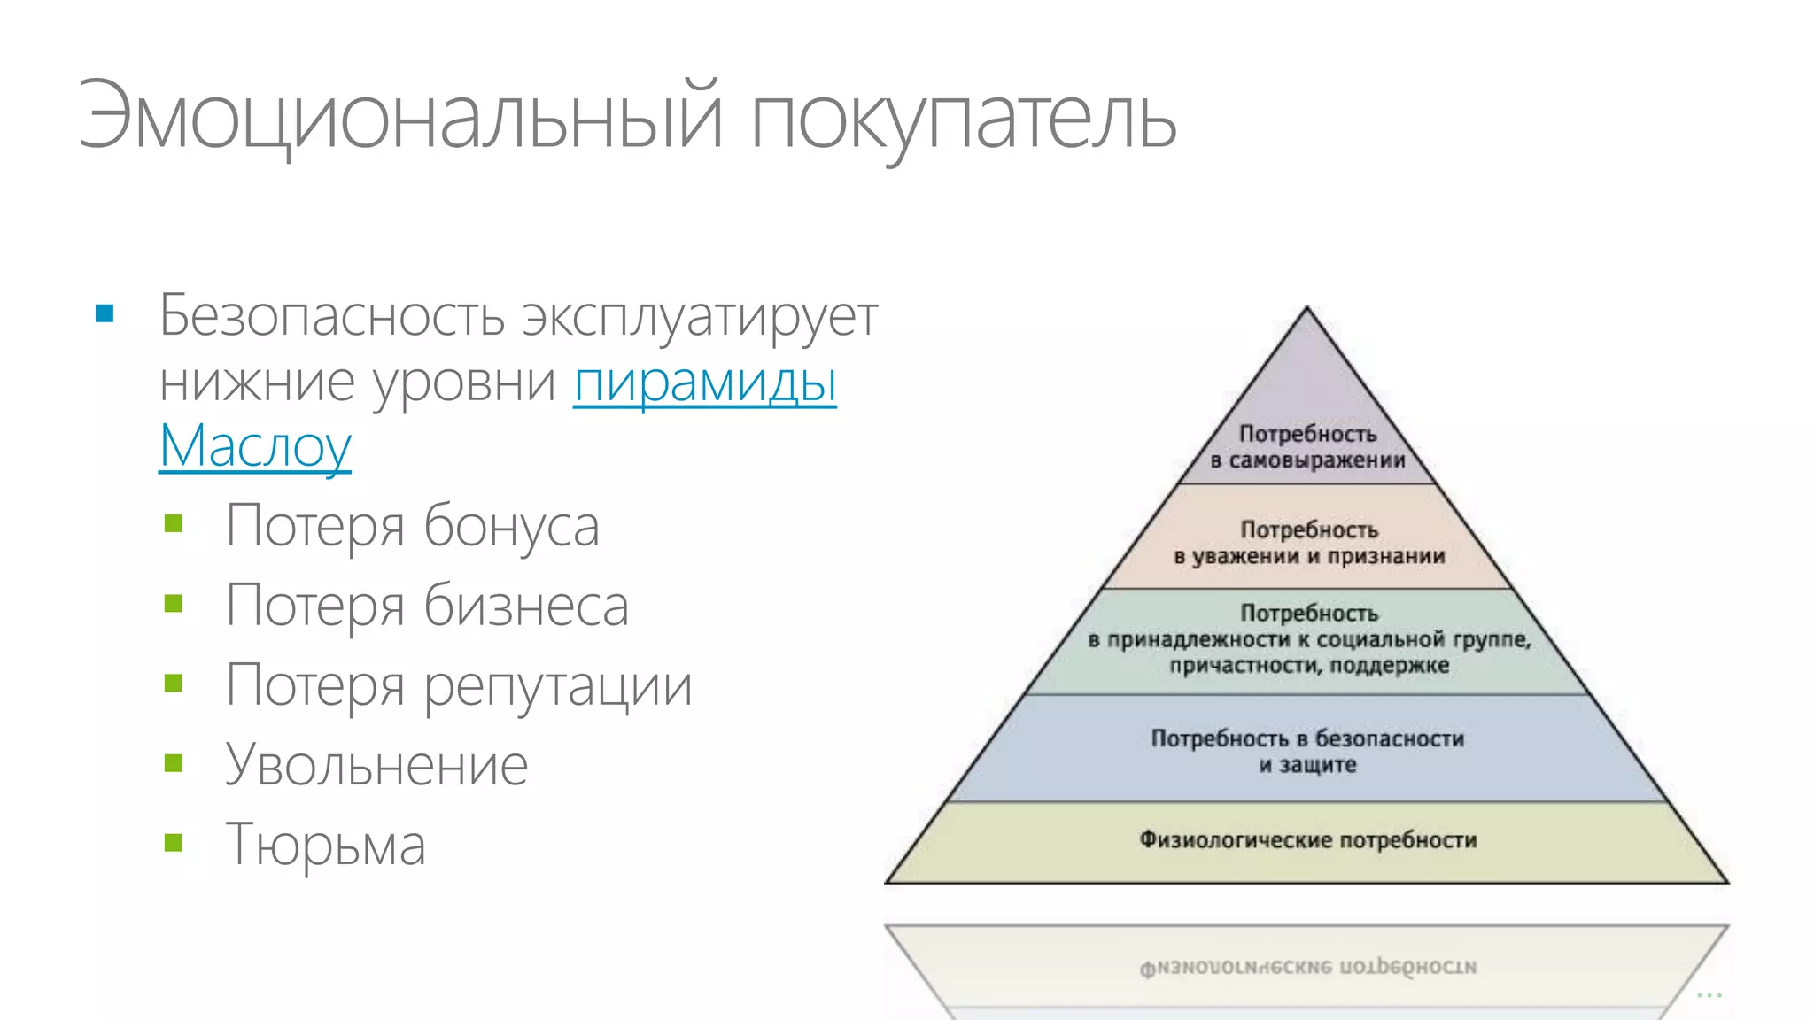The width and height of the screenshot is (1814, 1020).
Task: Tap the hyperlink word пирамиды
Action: pyautogui.click(x=705, y=382)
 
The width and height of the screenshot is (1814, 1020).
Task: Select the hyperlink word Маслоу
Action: pyautogui.click(x=255, y=447)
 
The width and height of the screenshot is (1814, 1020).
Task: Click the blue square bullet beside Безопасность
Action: pyautogui.click(x=105, y=313)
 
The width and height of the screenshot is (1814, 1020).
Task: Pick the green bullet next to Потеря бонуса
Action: pyautogui.click(x=174, y=524)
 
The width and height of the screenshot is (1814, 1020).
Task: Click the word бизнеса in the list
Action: pyautogui.click(x=526, y=606)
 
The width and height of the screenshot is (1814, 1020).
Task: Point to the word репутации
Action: pyautogui.click(x=558, y=687)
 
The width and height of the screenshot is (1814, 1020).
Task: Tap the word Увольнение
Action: pyautogui.click(x=376, y=765)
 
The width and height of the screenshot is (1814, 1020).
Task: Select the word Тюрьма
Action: pyautogui.click(x=325, y=844)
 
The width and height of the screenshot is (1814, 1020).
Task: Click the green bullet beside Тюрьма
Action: pyautogui.click(x=174, y=842)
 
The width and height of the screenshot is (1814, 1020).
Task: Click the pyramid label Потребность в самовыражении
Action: pyautogui.click(x=1307, y=447)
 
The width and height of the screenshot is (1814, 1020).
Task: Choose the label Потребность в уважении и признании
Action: pyautogui.click(x=1309, y=543)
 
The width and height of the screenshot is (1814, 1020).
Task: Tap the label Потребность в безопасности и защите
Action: pyautogui.click(x=1307, y=751)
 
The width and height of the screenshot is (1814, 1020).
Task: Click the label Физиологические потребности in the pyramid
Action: pyautogui.click(x=1307, y=839)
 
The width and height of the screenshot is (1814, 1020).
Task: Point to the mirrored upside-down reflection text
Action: pyautogui.click(x=1307, y=968)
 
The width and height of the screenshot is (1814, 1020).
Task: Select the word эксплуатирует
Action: pyautogui.click(x=700, y=316)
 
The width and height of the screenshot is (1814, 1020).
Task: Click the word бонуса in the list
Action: pyautogui.click(x=511, y=526)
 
